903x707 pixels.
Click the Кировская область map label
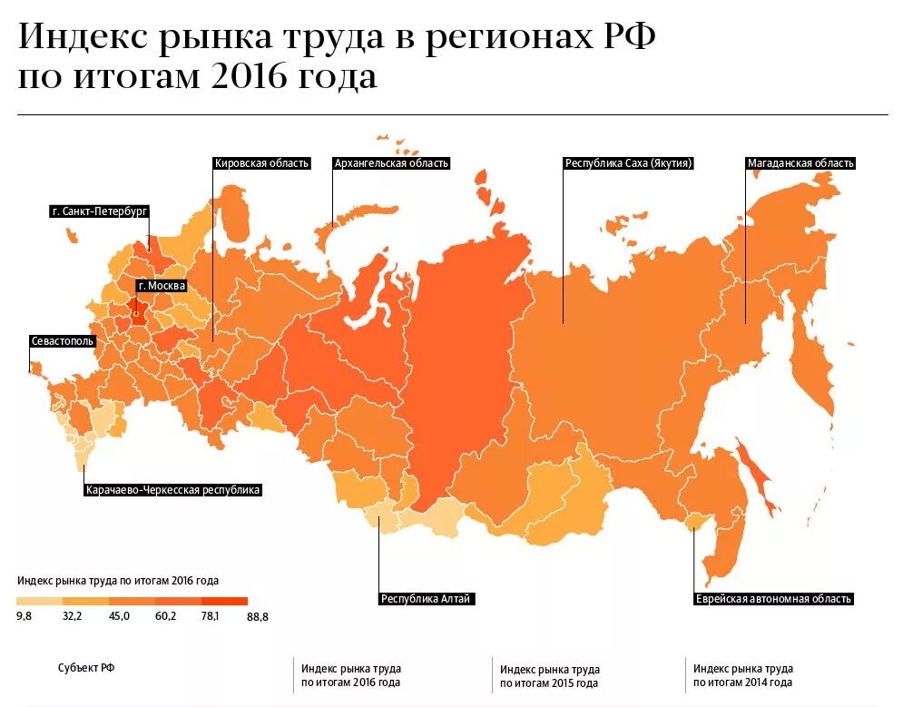pos(261,163)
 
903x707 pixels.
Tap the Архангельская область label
pos(391,163)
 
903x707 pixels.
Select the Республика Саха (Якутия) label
pos(629,163)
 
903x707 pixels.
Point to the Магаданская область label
pos(800,163)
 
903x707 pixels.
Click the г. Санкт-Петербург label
pos(99,211)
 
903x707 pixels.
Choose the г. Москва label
pos(162,286)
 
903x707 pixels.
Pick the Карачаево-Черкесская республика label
pos(172,490)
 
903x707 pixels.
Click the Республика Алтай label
pos(427,599)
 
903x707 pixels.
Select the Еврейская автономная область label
pos(773,599)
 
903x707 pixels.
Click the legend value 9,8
pos(25,616)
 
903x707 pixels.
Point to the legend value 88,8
pos(257,616)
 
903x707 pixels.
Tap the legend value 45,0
pos(119,616)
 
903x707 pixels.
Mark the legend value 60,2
pos(165,616)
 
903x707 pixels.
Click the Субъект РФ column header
pos(86,668)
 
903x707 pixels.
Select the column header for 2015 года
pos(549,676)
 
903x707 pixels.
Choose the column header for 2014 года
pos(743,675)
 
